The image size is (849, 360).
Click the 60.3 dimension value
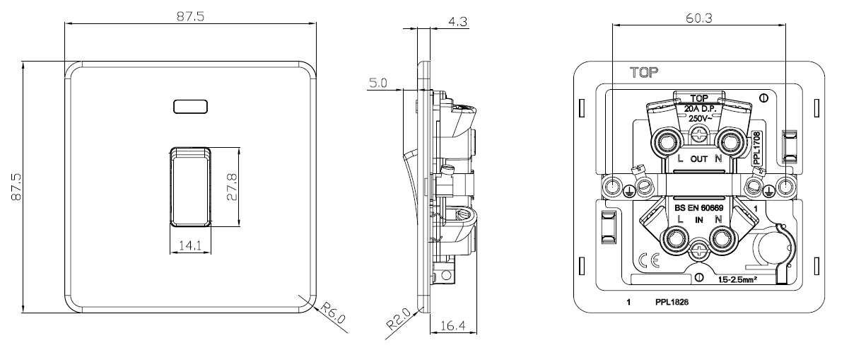pos(699,18)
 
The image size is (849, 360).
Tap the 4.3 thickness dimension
pos(457,22)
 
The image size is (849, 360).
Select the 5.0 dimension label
pos(378,83)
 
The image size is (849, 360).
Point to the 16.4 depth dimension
pos(453,325)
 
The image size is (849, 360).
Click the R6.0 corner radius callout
pos(333,313)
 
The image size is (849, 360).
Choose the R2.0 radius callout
pos(399,319)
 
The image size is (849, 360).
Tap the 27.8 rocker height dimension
pos(232,187)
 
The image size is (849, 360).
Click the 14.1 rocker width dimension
pos(190,245)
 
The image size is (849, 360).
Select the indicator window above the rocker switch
pos(190,107)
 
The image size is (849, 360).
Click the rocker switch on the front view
pos(190,187)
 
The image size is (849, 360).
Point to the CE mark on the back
pos(649,260)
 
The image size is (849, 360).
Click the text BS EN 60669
pos(699,208)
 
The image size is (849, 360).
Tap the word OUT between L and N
pos(699,159)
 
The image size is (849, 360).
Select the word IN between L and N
pos(699,220)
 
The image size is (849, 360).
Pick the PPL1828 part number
pos(672,302)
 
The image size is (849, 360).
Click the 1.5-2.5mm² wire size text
pos(737,280)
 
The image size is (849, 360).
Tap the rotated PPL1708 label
pos(756,148)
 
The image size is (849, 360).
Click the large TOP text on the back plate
pos(644,72)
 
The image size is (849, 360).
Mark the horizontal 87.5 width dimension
pos(190,16)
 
